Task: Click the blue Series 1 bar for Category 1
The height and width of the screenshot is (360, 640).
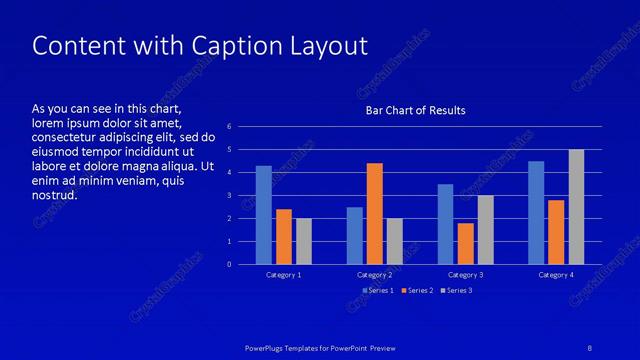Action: (x=264, y=215)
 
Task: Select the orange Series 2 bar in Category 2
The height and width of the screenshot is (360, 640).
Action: (x=375, y=213)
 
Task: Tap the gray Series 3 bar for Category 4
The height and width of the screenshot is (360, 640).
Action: (x=576, y=207)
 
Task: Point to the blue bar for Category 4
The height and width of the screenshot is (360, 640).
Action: (x=536, y=212)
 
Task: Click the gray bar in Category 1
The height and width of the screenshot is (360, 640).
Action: (x=304, y=241)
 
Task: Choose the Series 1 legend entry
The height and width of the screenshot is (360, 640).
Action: (x=378, y=290)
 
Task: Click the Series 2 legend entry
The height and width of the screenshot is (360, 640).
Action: (x=417, y=290)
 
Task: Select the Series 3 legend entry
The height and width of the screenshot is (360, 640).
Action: (x=457, y=290)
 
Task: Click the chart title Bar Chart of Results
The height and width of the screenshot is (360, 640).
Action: (x=414, y=110)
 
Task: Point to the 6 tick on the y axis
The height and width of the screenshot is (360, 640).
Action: (x=230, y=127)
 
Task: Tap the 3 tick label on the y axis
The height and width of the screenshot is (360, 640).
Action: (x=230, y=196)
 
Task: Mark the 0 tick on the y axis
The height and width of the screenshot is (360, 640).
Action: (x=230, y=264)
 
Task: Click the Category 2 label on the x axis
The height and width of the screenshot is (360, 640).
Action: (x=375, y=274)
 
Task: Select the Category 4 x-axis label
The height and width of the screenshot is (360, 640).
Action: (x=556, y=274)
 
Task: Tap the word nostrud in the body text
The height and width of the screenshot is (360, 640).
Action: (x=55, y=195)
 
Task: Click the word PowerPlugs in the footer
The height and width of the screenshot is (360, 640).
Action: (x=268, y=347)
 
